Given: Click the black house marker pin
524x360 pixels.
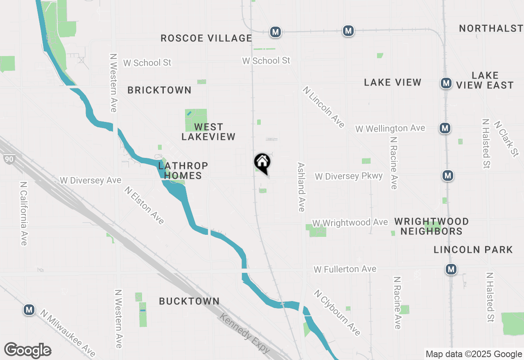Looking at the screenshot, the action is click(x=262, y=162).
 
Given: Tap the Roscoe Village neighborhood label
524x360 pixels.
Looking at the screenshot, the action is click(x=206, y=38).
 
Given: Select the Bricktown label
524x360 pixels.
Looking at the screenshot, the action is click(x=159, y=90).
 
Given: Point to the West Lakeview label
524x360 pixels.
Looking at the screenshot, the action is click(x=208, y=132).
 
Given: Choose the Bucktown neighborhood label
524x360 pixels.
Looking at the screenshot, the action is click(x=189, y=301).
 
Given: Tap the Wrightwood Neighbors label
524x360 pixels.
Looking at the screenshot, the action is click(x=431, y=226).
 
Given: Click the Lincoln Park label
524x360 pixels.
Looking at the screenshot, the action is click(x=473, y=250).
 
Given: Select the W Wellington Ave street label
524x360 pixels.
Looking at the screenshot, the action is click(x=390, y=128).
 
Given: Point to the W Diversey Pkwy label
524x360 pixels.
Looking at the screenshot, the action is click(x=348, y=176).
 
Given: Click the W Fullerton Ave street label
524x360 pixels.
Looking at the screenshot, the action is click(x=345, y=269).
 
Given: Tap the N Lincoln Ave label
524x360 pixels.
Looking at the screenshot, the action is click(x=324, y=107).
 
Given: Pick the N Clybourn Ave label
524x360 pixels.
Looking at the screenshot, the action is click(x=337, y=313).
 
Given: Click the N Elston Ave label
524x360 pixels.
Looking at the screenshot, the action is click(x=144, y=206).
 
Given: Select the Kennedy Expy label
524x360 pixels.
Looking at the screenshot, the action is click(x=245, y=333).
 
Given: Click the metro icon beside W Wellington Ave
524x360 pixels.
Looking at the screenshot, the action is click(x=445, y=128).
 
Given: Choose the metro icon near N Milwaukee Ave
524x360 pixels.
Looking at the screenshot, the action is click(x=29, y=310).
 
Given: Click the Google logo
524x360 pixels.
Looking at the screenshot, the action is click(x=28, y=350).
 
